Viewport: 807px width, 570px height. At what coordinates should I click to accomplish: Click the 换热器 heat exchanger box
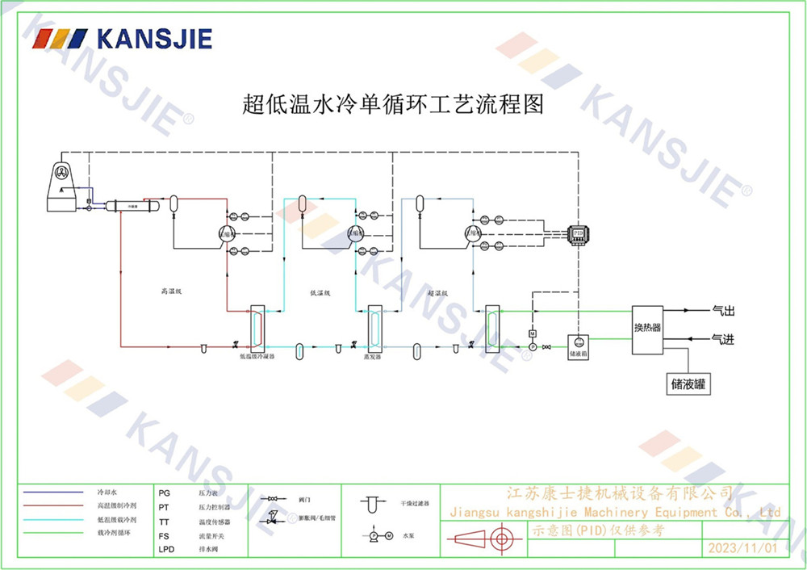click(647, 329)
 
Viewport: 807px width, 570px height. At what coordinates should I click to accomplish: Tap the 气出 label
click(723, 311)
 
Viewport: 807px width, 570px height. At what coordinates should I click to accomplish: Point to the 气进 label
click(723, 340)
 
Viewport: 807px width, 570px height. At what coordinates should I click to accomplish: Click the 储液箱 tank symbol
click(578, 344)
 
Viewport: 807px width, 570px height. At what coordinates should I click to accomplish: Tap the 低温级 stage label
click(321, 292)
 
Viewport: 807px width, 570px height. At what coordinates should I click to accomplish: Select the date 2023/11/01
click(742, 548)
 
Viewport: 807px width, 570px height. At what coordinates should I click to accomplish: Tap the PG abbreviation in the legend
click(165, 492)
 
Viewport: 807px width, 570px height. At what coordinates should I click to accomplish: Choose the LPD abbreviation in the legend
click(166, 550)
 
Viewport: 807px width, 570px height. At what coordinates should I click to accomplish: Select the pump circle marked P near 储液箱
click(532, 346)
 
